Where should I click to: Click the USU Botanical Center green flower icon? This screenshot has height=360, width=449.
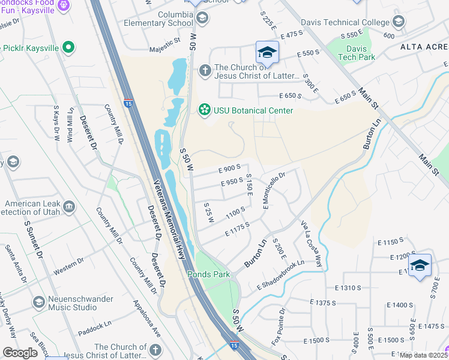[205, 110]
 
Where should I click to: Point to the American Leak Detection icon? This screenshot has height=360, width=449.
[69, 208]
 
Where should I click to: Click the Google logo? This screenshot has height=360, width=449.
[20, 353]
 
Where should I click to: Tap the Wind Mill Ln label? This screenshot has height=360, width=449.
[71, 124]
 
